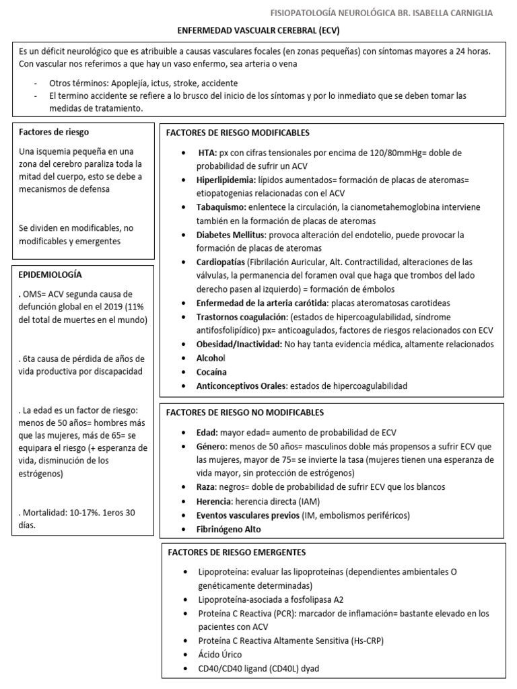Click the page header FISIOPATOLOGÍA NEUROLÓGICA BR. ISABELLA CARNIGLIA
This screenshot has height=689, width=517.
click(x=381, y=13)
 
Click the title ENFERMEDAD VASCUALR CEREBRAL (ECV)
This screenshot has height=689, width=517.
click(x=258, y=31)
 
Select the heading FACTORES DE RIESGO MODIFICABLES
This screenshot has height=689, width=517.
click(x=238, y=133)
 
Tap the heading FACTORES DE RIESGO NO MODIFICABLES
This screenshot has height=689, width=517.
click(x=245, y=412)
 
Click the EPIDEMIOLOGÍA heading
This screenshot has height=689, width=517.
click(x=50, y=275)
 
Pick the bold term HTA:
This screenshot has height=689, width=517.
click(x=208, y=153)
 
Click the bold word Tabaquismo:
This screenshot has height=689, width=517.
click(x=215, y=208)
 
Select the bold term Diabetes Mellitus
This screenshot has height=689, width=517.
click(x=226, y=235)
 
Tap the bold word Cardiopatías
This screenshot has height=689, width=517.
click(x=216, y=262)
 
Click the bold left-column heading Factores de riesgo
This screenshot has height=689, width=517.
click(x=54, y=132)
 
